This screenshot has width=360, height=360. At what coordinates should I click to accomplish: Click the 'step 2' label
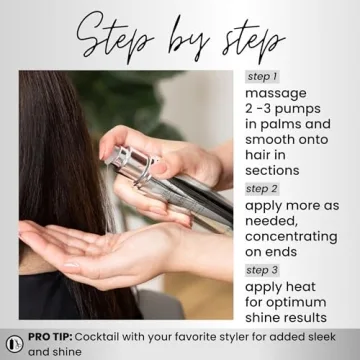click(262, 188)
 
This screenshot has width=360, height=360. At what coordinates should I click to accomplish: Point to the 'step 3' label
click(261, 270)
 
